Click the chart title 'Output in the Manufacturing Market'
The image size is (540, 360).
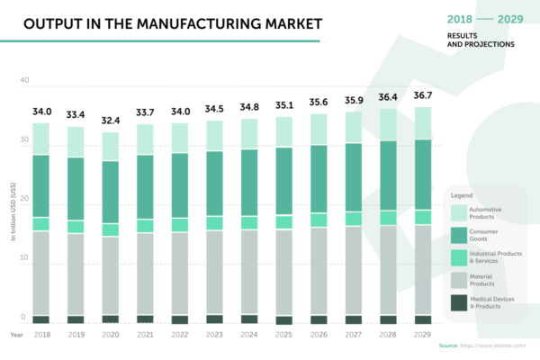(x=159, y=22)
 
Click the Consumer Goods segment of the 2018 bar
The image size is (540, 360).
(x=41, y=185)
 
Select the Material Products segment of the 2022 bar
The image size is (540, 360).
(x=180, y=274)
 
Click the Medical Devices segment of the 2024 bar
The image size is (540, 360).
(x=249, y=319)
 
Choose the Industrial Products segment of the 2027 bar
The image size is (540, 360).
(x=354, y=219)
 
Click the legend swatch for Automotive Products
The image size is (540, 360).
(x=460, y=212)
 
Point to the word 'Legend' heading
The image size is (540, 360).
(x=463, y=193)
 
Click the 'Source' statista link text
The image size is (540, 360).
(x=488, y=346)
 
